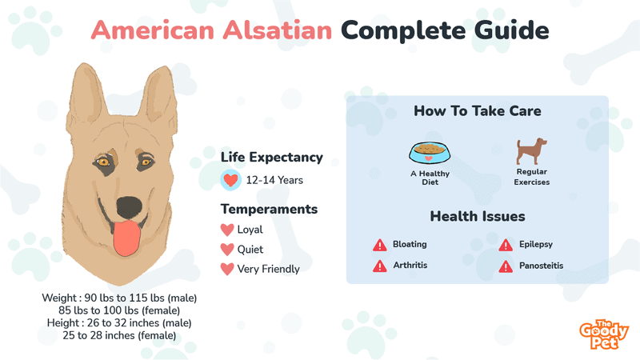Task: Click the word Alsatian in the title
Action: tap(277, 30)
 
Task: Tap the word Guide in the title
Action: tap(511, 30)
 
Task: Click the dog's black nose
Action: tap(130, 206)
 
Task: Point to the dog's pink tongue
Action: tap(127, 238)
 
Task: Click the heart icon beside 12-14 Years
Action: tap(230, 180)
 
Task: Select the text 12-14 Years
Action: tap(274, 180)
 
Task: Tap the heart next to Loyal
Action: tap(227, 230)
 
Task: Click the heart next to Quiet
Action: tap(227, 250)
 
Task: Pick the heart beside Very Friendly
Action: tap(227, 269)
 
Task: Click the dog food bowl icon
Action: tap(430, 152)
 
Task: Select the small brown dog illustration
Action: tap(531, 151)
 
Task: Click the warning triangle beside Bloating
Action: tap(379, 245)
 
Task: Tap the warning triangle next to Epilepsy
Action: tap(506, 245)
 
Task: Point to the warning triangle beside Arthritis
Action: tap(379, 266)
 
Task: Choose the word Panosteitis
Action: tap(542, 266)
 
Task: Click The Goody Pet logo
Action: tap(604, 334)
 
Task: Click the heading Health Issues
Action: tap(478, 216)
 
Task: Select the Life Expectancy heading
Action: tap(272, 158)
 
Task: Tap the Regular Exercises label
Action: tap(532, 177)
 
